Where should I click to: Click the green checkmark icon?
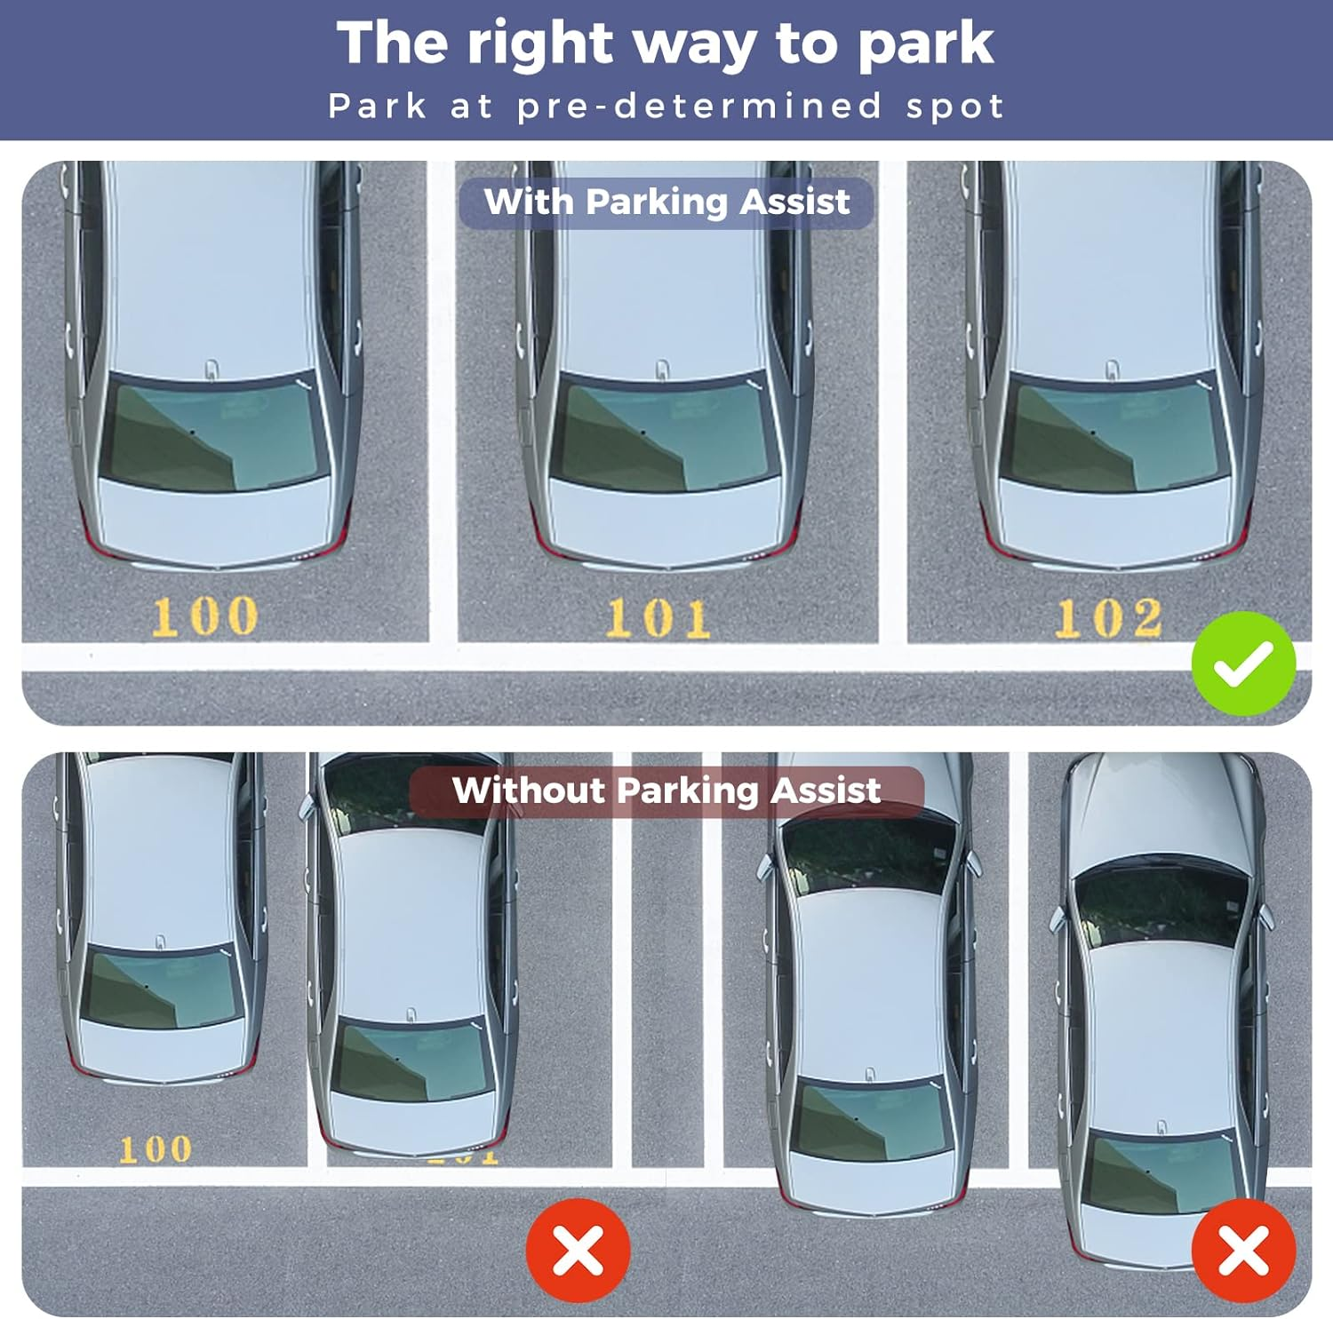click(x=1243, y=663)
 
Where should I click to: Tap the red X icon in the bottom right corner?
click(x=1243, y=1251)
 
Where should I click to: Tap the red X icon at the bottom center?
click(x=579, y=1251)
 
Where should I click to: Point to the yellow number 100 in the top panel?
click(x=205, y=616)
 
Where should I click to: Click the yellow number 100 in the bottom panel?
click(x=156, y=1149)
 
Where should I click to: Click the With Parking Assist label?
click(x=666, y=203)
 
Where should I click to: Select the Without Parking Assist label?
click(x=666, y=791)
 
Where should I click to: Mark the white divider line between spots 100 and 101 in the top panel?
click(x=443, y=400)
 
